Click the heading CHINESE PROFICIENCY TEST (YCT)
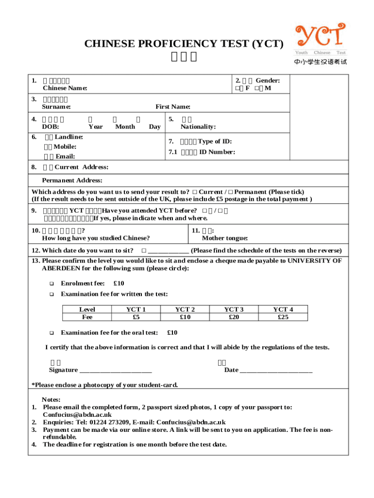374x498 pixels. coord(184,44)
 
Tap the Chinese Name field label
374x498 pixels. coord(65,88)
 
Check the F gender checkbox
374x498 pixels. coord(238,89)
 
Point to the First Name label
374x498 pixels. coord(173,107)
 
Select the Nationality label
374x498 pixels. coord(198,126)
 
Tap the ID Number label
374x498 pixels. coord(217,152)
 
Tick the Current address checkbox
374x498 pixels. coord(194,192)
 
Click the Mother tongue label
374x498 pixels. coord(225,238)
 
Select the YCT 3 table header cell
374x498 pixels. coord(234,309)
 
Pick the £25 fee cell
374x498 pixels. coord(283,317)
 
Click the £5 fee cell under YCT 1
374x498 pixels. coord(136,317)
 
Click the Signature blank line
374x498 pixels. coord(115,370)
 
